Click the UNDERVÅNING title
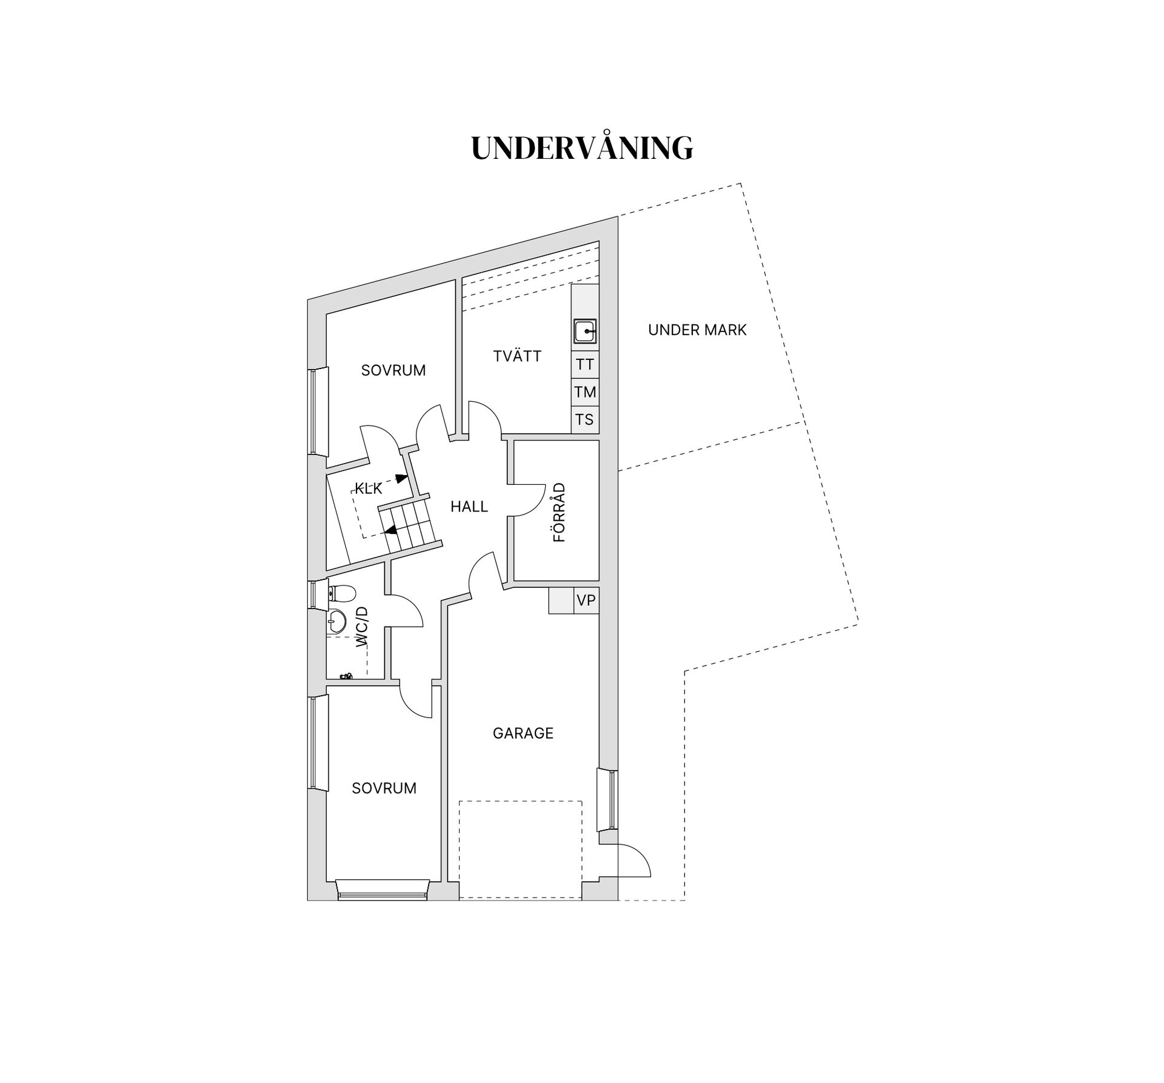[x=582, y=147]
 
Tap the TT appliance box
[x=585, y=364]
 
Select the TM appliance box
[x=585, y=392]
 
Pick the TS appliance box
[x=585, y=419]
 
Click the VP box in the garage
[x=586, y=601]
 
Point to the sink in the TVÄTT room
[x=585, y=332]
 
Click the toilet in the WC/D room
[x=341, y=593]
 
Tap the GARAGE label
[x=523, y=733]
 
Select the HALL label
[x=469, y=507]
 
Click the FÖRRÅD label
[x=559, y=512]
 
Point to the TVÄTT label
[x=517, y=356]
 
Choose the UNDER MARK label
[x=697, y=330]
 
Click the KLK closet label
[x=369, y=488]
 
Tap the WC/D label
[x=362, y=627]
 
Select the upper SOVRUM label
[x=393, y=370]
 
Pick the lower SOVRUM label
[x=384, y=788]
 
